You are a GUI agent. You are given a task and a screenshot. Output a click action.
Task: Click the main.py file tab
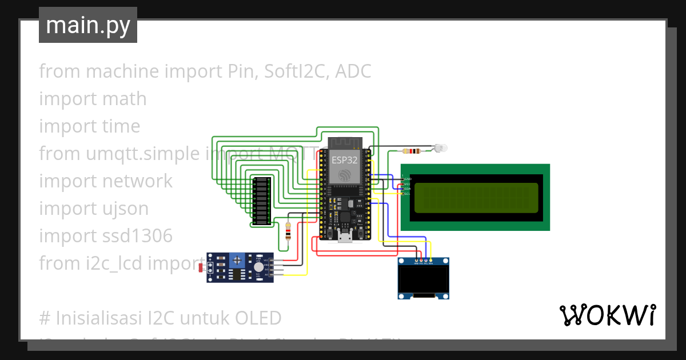[88, 26]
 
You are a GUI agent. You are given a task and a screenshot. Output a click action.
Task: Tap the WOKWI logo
[607, 315]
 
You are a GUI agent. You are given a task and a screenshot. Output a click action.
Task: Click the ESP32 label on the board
[345, 161]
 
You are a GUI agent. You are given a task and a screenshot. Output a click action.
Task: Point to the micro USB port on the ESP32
[345, 237]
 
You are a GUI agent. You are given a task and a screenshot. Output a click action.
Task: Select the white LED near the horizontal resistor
[440, 148]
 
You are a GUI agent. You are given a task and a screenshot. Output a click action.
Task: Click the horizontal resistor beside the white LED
[412, 151]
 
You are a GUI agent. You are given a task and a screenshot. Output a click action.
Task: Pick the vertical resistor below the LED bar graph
[288, 231]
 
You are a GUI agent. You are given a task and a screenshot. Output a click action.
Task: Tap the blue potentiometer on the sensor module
[236, 261]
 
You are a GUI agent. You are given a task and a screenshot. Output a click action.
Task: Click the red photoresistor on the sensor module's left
[200, 267]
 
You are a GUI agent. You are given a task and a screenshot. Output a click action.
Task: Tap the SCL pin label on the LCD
[408, 194]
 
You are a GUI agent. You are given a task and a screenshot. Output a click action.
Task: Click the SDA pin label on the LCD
[408, 189]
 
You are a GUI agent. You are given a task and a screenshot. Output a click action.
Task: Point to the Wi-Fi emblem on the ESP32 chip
[345, 174]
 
